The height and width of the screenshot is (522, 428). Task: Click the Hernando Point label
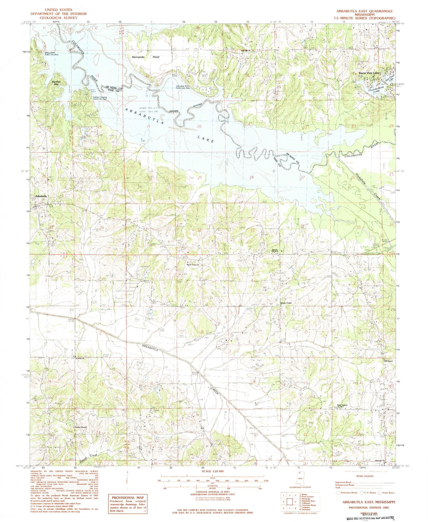146,57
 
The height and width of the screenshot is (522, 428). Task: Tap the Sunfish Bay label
56,83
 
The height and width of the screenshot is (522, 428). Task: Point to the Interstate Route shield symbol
338,492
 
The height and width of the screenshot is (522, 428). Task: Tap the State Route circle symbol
380,493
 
